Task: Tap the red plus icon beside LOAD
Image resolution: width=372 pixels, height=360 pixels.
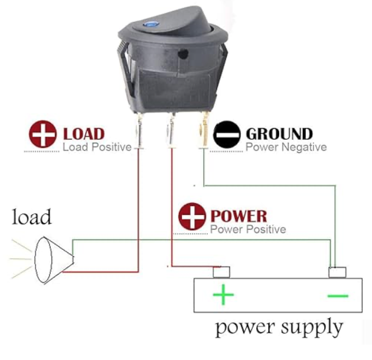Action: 43,134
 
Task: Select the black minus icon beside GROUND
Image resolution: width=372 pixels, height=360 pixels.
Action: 227,135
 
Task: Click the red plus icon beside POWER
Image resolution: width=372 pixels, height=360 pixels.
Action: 192,216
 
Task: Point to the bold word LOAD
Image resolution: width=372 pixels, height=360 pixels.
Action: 84,134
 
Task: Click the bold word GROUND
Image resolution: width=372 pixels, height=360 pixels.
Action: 279,134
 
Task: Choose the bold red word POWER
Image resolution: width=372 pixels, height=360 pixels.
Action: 239,216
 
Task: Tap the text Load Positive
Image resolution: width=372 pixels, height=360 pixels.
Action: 97,147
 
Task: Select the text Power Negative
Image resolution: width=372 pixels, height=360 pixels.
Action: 286,147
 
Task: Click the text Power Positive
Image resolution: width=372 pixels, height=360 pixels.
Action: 248,230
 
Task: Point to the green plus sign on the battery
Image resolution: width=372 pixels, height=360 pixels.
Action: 223,294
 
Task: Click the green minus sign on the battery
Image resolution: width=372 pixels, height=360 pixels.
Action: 338,296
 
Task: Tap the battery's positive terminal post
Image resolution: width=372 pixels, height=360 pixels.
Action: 221,272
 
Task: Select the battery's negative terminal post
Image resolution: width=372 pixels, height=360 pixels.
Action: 337,272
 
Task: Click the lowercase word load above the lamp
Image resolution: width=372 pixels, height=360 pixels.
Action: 31,217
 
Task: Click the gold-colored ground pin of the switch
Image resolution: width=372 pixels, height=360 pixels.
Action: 204,130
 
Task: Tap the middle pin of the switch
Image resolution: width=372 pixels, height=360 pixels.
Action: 171,130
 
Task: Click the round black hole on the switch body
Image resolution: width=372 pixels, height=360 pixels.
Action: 183,53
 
